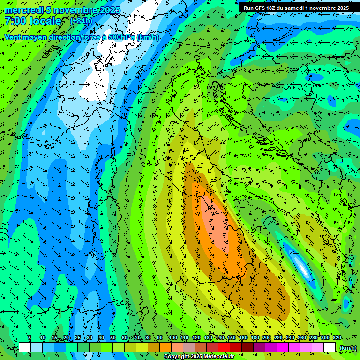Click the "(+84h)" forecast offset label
coord(81,21)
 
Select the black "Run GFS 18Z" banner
coord(296,8)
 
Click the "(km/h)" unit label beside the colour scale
coord(347,348)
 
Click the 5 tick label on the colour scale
coord(30,338)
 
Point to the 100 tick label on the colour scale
coord(173,338)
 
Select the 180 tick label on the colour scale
coord(255,338)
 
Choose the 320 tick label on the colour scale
coord(337,338)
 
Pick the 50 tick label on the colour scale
coord(112,338)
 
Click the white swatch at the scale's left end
coord(25,347)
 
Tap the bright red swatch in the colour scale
coord(224,347)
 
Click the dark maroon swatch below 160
coord(247,347)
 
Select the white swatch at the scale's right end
coord(330,347)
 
